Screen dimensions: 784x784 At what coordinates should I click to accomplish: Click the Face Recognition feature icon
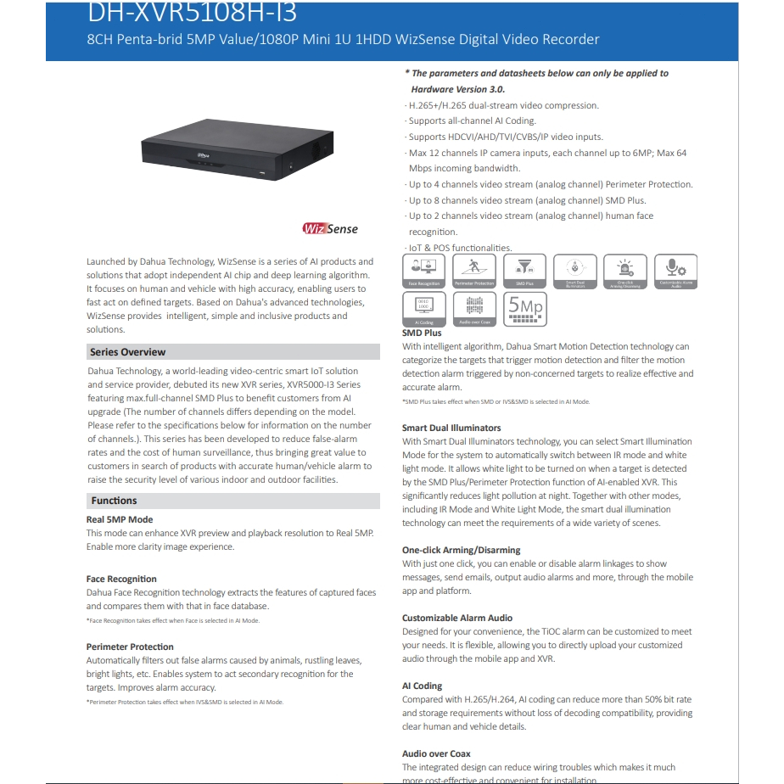[x=423, y=272]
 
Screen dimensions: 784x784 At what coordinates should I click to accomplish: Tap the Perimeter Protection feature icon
[x=474, y=272]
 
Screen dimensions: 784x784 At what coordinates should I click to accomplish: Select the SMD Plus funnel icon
[x=524, y=272]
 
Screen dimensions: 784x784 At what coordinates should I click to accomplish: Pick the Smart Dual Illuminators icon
[x=575, y=272]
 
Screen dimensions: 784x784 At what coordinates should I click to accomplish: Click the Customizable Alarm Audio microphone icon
[x=676, y=272]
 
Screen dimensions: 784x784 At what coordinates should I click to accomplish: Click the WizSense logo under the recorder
[x=330, y=228]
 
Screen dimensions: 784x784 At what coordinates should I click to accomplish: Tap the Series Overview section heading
[x=128, y=352]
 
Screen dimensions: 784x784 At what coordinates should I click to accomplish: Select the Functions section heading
[x=115, y=501]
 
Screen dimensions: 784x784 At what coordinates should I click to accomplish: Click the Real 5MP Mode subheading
[x=120, y=519]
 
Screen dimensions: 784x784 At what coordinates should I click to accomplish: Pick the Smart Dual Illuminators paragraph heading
[x=451, y=428]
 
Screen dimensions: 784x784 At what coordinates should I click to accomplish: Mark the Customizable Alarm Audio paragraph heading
[x=457, y=618]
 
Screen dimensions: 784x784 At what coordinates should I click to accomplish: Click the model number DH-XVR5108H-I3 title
[x=193, y=14]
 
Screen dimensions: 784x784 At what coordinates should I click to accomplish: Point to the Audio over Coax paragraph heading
[x=436, y=753]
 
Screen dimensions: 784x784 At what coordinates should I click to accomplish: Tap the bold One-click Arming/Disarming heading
[x=462, y=550]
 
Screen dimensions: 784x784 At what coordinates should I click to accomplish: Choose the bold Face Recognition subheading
[x=121, y=579]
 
